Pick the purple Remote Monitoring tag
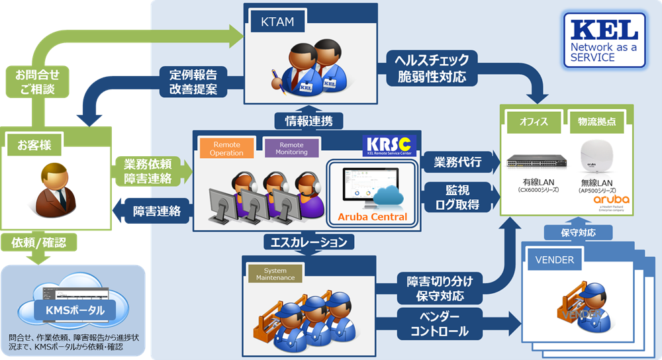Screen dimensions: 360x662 [292, 148]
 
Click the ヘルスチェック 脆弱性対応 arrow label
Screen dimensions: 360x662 [432, 68]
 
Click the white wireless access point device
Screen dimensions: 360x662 [597, 156]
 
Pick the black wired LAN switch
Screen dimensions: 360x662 [533, 161]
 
